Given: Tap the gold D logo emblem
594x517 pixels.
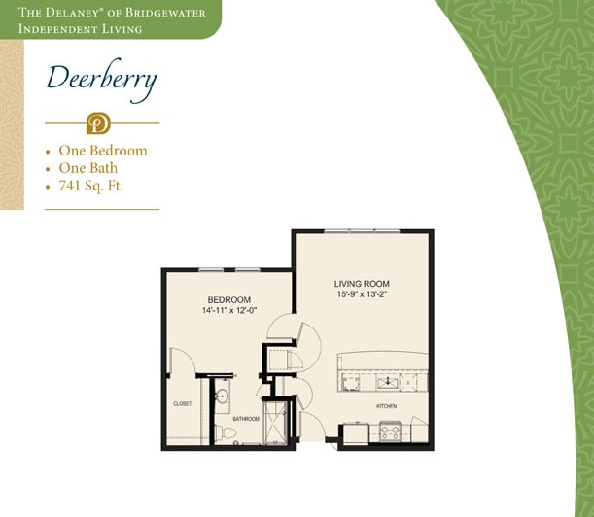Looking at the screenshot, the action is point(98,123).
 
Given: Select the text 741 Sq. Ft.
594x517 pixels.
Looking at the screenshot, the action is point(91,186).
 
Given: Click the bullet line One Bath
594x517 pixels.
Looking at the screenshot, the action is point(87,168).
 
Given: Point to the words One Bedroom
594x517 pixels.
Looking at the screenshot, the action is point(103,151).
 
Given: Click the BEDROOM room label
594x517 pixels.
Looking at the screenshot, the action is point(229,300).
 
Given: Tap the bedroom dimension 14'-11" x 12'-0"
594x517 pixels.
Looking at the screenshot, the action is point(229,310).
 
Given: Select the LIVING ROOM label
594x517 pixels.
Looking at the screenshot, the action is point(362,284).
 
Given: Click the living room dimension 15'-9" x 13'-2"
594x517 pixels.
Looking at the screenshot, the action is point(362,293).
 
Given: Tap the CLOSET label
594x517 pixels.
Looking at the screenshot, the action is point(182,403).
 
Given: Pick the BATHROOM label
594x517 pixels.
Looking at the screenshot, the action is point(246,419).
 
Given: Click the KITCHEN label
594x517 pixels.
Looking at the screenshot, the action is point(386,406).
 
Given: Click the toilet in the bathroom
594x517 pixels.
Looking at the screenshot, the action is point(226,432).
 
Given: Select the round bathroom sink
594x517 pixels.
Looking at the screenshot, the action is point(222,396).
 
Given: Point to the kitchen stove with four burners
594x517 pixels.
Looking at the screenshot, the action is point(390,431).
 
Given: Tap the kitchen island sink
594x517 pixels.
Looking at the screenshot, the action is point(387,383).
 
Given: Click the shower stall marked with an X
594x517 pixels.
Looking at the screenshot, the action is point(275,423).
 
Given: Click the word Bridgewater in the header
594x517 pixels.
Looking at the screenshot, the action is point(165,13).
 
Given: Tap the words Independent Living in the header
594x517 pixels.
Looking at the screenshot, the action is point(81,29).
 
